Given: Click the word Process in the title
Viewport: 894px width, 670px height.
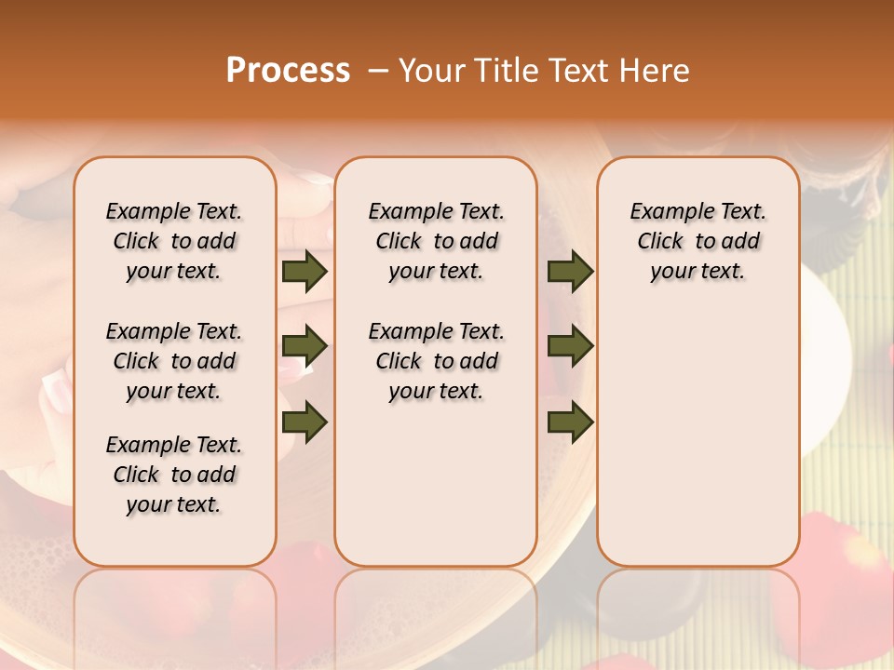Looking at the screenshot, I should pos(288,71).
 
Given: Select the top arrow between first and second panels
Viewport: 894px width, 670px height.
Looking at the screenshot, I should pos(305,271).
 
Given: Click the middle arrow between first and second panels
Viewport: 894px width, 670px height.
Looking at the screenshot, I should pos(305,346).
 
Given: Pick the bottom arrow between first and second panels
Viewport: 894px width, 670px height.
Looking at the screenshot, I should pos(305,422).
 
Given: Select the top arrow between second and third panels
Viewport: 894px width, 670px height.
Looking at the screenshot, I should pos(570,271).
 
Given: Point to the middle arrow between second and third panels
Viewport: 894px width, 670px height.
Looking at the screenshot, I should pos(570,346).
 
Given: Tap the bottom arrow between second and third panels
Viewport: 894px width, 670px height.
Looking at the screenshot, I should pos(570,422).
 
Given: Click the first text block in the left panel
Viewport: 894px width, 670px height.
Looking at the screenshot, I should pos(174,241).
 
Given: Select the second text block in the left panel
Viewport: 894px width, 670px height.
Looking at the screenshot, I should pos(174,361).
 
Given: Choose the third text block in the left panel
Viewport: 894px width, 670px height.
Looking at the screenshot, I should pos(174,475).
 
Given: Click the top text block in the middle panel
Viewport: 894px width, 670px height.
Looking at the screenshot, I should pos(436,241).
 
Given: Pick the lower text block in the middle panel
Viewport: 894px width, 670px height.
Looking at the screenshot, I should pos(436,361).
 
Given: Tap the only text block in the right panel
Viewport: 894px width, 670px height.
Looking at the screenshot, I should pos(698,241).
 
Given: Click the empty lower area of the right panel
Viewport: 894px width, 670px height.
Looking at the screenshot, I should pos(698,437).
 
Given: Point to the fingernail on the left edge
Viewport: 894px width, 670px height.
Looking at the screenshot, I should pos(53,383).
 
